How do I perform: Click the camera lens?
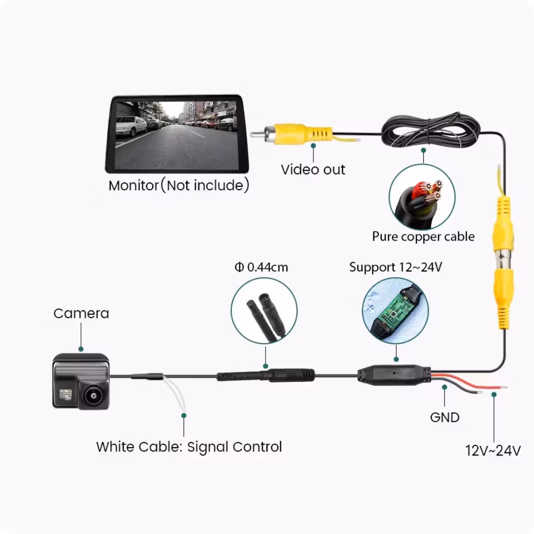tap(91, 395)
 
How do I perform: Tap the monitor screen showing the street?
tap(176, 134)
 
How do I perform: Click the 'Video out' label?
tap(312, 170)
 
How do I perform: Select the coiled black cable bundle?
tap(430, 130)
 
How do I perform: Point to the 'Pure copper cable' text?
tap(423, 236)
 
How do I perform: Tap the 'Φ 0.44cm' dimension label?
tap(261, 267)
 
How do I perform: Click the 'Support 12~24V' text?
tap(396, 267)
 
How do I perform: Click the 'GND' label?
tap(445, 417)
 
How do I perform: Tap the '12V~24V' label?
tap(492, 451)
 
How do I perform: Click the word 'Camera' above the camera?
tap(81, 313)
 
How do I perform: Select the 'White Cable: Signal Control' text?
tap(189, 447)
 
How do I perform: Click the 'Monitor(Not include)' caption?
tap(178, 186)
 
